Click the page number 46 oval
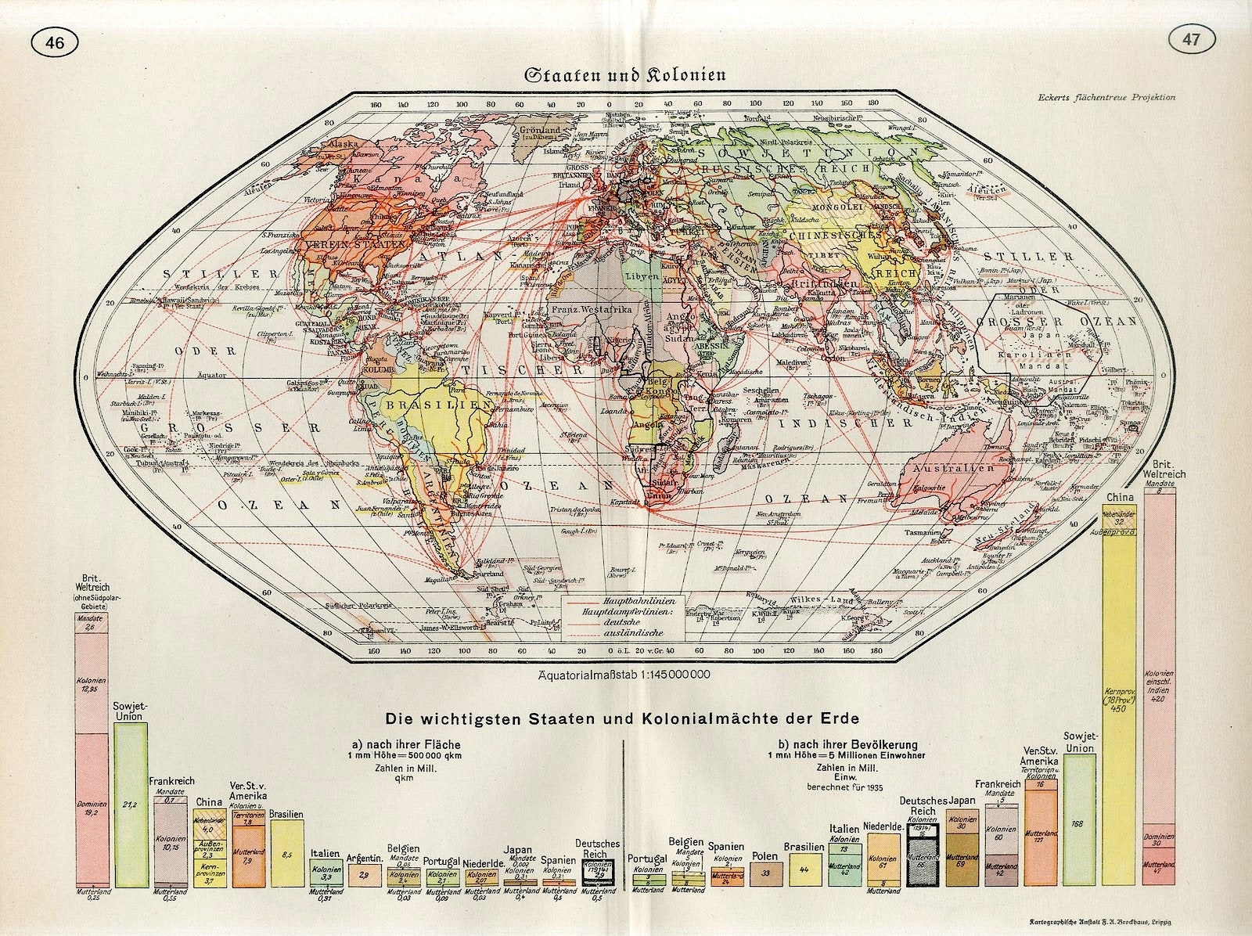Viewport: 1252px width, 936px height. [x=56, y=43]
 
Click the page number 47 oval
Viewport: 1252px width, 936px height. [x=1192, y=41]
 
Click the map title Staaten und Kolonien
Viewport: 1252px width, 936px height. [x=624, y=76]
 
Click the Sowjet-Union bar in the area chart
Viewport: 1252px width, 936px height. [x=131, y=806]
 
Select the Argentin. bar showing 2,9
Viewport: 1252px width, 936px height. [x=364, y=875]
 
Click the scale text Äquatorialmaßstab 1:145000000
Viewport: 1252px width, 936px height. [x=624, y=675]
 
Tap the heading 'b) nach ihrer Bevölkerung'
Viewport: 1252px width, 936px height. [x=848, y=744]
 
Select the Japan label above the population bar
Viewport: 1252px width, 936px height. [x=961, y=801]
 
